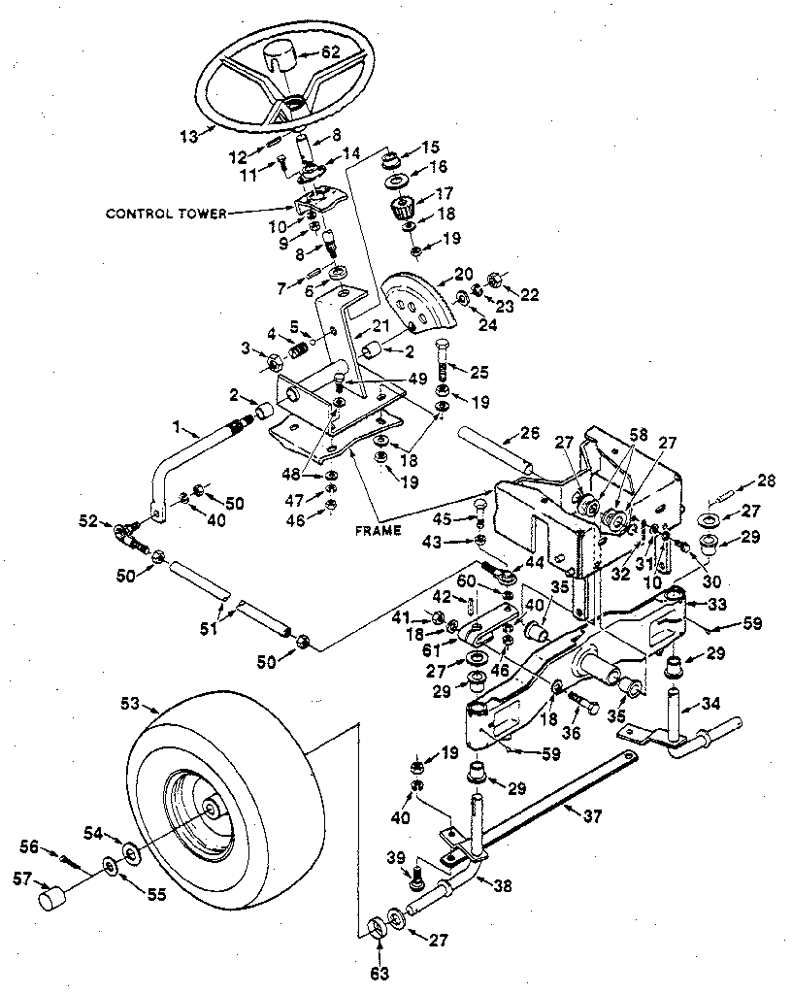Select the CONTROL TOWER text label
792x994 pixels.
pos(165,214)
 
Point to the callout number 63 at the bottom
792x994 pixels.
pos(379,970)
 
